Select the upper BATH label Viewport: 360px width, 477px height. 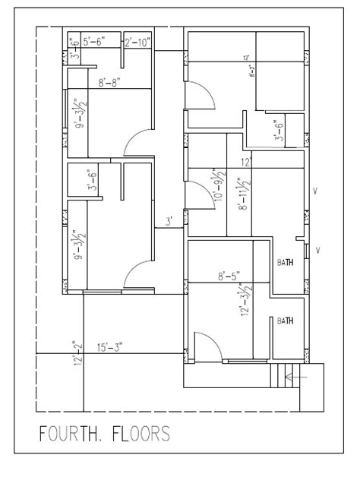tap(286, 262)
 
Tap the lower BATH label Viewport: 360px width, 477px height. tap(286, 321)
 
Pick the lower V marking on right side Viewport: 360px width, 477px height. tap(317, 249)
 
